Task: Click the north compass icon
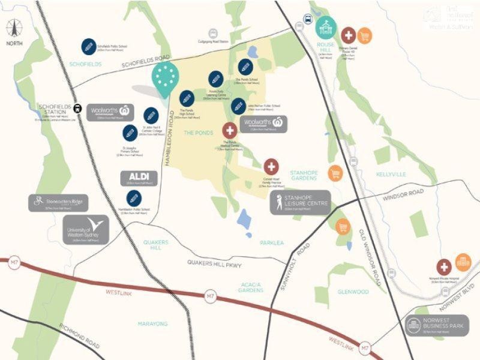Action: click(x=14, y=31)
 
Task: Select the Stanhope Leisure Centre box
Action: click(x=299, y=202)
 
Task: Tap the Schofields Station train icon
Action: click(x=79, y=109)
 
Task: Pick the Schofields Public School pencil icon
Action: click(x=89, y=46)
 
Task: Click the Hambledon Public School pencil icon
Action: click(x=133, y=197)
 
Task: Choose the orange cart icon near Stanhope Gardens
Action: click(x=335, y=173)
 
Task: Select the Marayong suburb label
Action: click(x=153, y=323)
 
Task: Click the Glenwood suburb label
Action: click(x=353, y=292)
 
